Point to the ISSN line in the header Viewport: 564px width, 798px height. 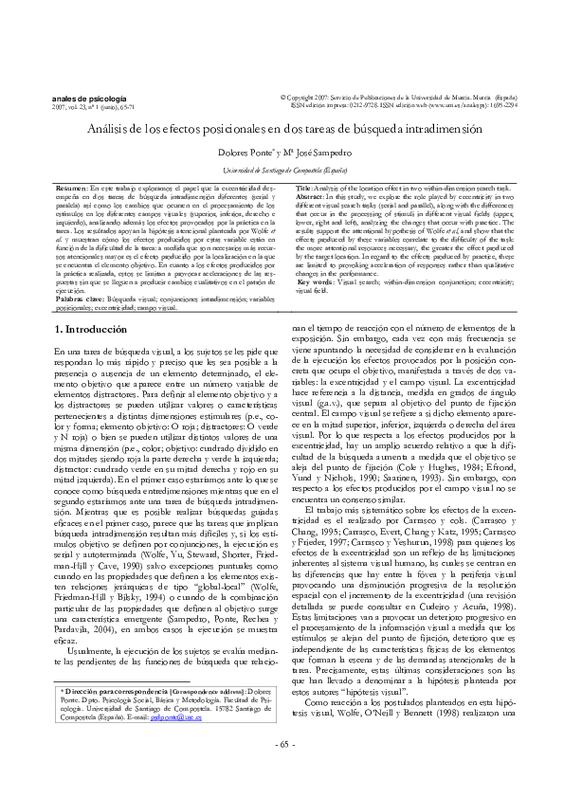pyautogui.click(x=408, y=106)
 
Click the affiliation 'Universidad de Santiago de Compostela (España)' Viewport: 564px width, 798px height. pyautogui.click(x=282, y=170)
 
